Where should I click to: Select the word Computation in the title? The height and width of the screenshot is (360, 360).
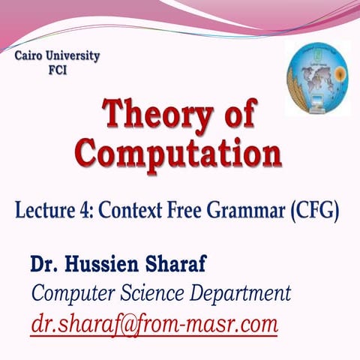(180, 152)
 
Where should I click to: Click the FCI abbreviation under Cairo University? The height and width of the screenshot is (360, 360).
(58, 73)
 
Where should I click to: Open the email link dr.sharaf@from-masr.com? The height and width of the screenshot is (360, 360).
(154, 325)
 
